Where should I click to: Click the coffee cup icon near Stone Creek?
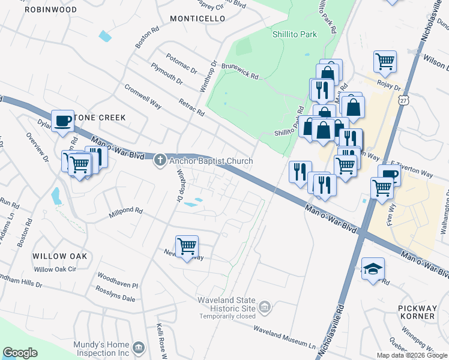[62, 121]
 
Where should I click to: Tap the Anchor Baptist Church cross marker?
[160, 160]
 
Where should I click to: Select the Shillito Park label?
[295, 35]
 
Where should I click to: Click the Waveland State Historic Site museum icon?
[265, 308]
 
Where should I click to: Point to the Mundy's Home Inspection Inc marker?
[139, 348]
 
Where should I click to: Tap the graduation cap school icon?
[373, 268]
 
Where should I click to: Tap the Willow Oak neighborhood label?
[60, 256]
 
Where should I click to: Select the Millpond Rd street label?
[126, 211]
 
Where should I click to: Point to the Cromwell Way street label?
[143, 96]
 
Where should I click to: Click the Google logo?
[20, 352]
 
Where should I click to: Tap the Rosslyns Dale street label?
[115, 293]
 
